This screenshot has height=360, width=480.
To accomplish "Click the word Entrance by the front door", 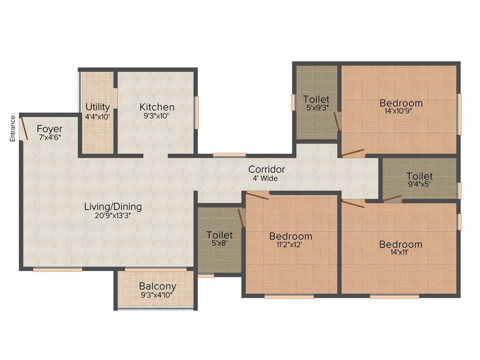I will tap(13, 128).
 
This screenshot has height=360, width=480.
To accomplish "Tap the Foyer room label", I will tap(50, 129).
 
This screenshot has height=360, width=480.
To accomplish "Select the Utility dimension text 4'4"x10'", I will tap(97, 116).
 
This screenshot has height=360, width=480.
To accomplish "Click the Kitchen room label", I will tap(157, 107).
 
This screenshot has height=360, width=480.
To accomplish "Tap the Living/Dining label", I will tap(113, 206).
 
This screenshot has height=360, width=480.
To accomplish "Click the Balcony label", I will tap(157, 286).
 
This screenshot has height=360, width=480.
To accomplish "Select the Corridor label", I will tap(267, 169).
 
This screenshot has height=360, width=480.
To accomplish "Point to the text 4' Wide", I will tap(265, 179).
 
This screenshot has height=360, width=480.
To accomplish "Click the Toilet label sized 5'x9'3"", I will tap(316, 99).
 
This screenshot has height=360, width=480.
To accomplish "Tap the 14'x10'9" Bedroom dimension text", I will tap(401, 112).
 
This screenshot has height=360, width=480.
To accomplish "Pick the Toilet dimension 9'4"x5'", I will tap(420, 185).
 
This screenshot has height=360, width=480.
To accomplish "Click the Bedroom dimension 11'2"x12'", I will tap(291, 245).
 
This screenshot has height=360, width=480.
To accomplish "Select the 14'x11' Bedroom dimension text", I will tap(401, 253).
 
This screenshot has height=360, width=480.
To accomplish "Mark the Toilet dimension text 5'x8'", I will tap(219, 243).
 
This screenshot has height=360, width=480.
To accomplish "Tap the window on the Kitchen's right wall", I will tap(197, 112).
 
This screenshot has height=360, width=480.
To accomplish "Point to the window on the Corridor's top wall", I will tap(229, 155).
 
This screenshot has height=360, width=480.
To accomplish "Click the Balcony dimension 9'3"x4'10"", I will tap(157, 295).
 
